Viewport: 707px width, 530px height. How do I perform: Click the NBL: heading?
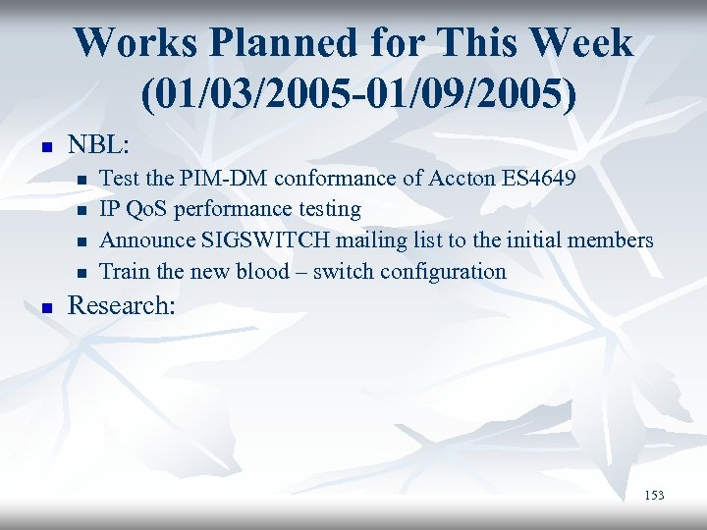coord(98,144)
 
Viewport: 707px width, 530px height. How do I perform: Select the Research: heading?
coord(121,305)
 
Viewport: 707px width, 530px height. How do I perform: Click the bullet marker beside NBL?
coord(43,146)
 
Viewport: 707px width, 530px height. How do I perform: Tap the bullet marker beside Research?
coord(43,307)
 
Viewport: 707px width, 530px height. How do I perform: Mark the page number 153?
coord(654,496)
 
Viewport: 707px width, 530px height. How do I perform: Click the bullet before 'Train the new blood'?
coord(82,272)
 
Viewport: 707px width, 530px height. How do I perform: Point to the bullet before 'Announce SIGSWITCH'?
coord(82,241)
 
